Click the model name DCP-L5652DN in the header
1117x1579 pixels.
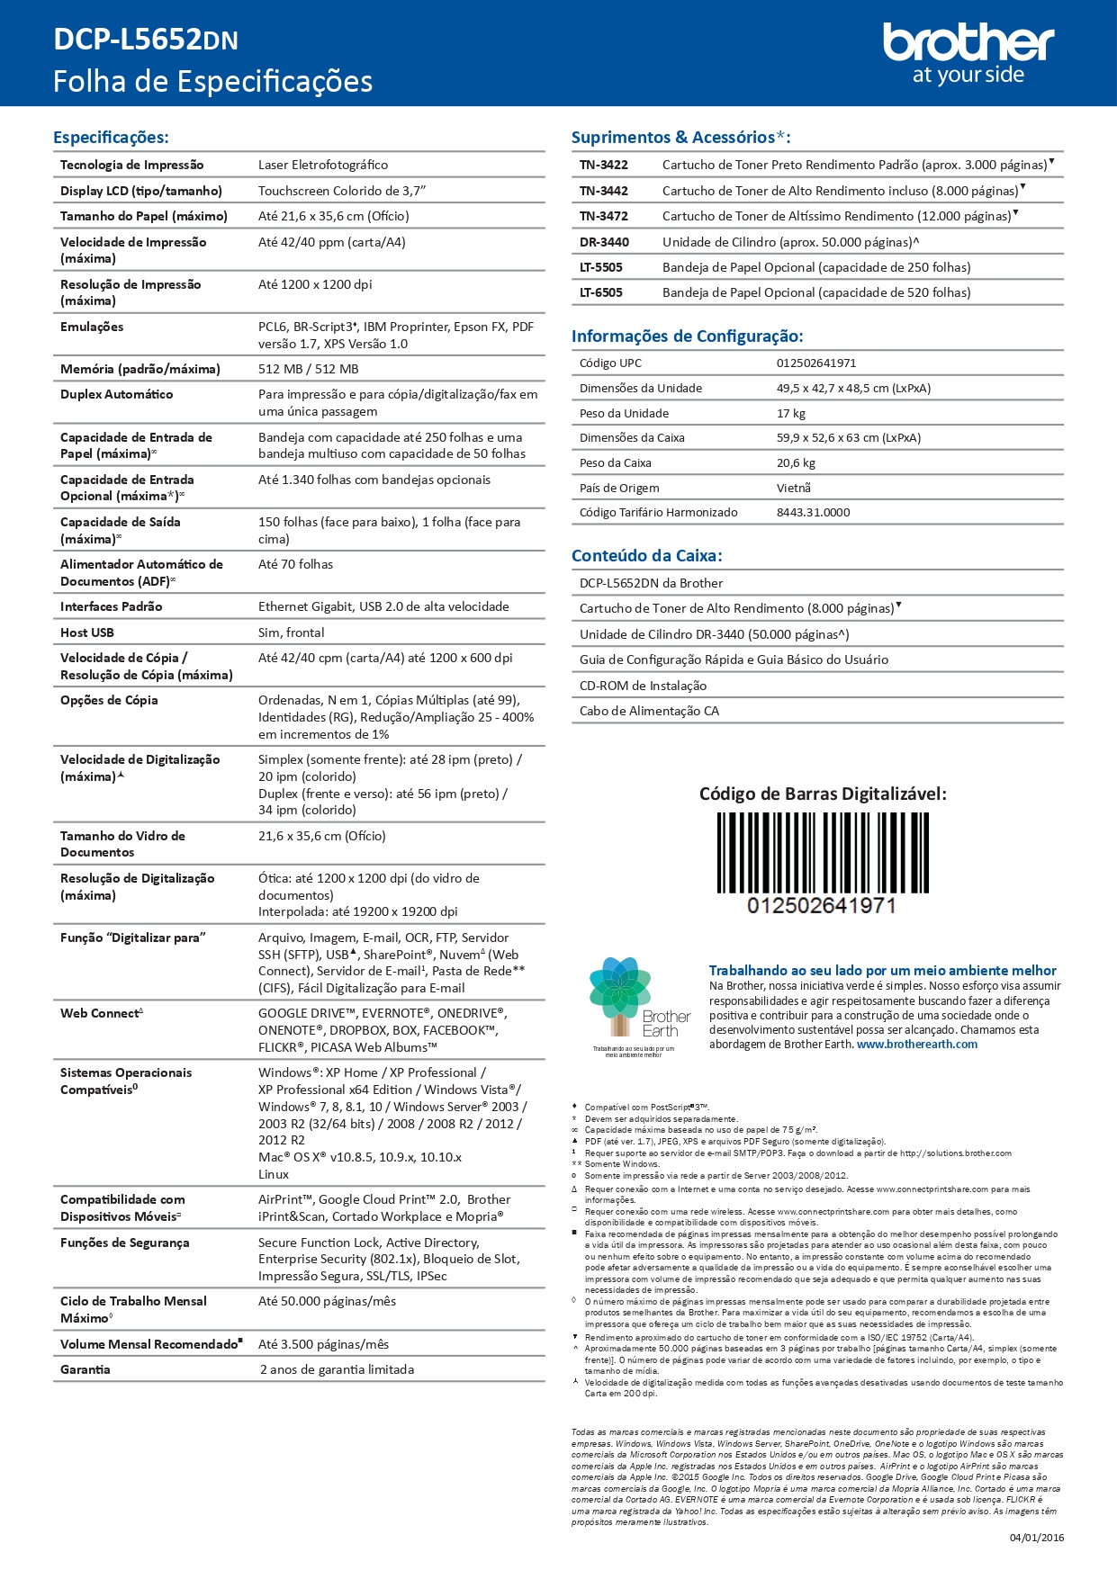pyautogui.click(x=146, y=40)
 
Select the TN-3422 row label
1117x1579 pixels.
pyautogui.click(x=604, y=166)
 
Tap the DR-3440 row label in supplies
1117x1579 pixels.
pyautogui.click(x=604, y=242)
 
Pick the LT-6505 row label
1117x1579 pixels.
pyautogui.click(x=601, y=292)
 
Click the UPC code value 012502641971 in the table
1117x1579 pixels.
pyautogui.click(x=816, y=363)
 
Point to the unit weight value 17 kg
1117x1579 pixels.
pyautogui.click(x=791, y=414)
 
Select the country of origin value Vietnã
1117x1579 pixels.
pyautogui.click(x=794, y=488)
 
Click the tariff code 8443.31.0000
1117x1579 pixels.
pyautogui.click(x=813, y=513)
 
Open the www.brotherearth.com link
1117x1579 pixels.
pyautogui.click(x=916, y=1045)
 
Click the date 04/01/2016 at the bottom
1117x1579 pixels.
pyautogui.click(x=1036, y=1538)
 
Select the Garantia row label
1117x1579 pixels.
pyautogui.click(x=86, y=1369)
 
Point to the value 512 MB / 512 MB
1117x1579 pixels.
pyautogui.click(x=308, y=369)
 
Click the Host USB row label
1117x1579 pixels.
pyautogui.click(x=87, y=632)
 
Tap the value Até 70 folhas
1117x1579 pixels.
pyautogui.click(x=295, y=564)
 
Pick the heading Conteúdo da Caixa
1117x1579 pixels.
pyautogui.click(x=647, y=556)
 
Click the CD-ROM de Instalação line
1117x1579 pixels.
pyautogui.click(x=643, y=686)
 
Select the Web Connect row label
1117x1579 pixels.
pyautogui.click(x=101, y=1013)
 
